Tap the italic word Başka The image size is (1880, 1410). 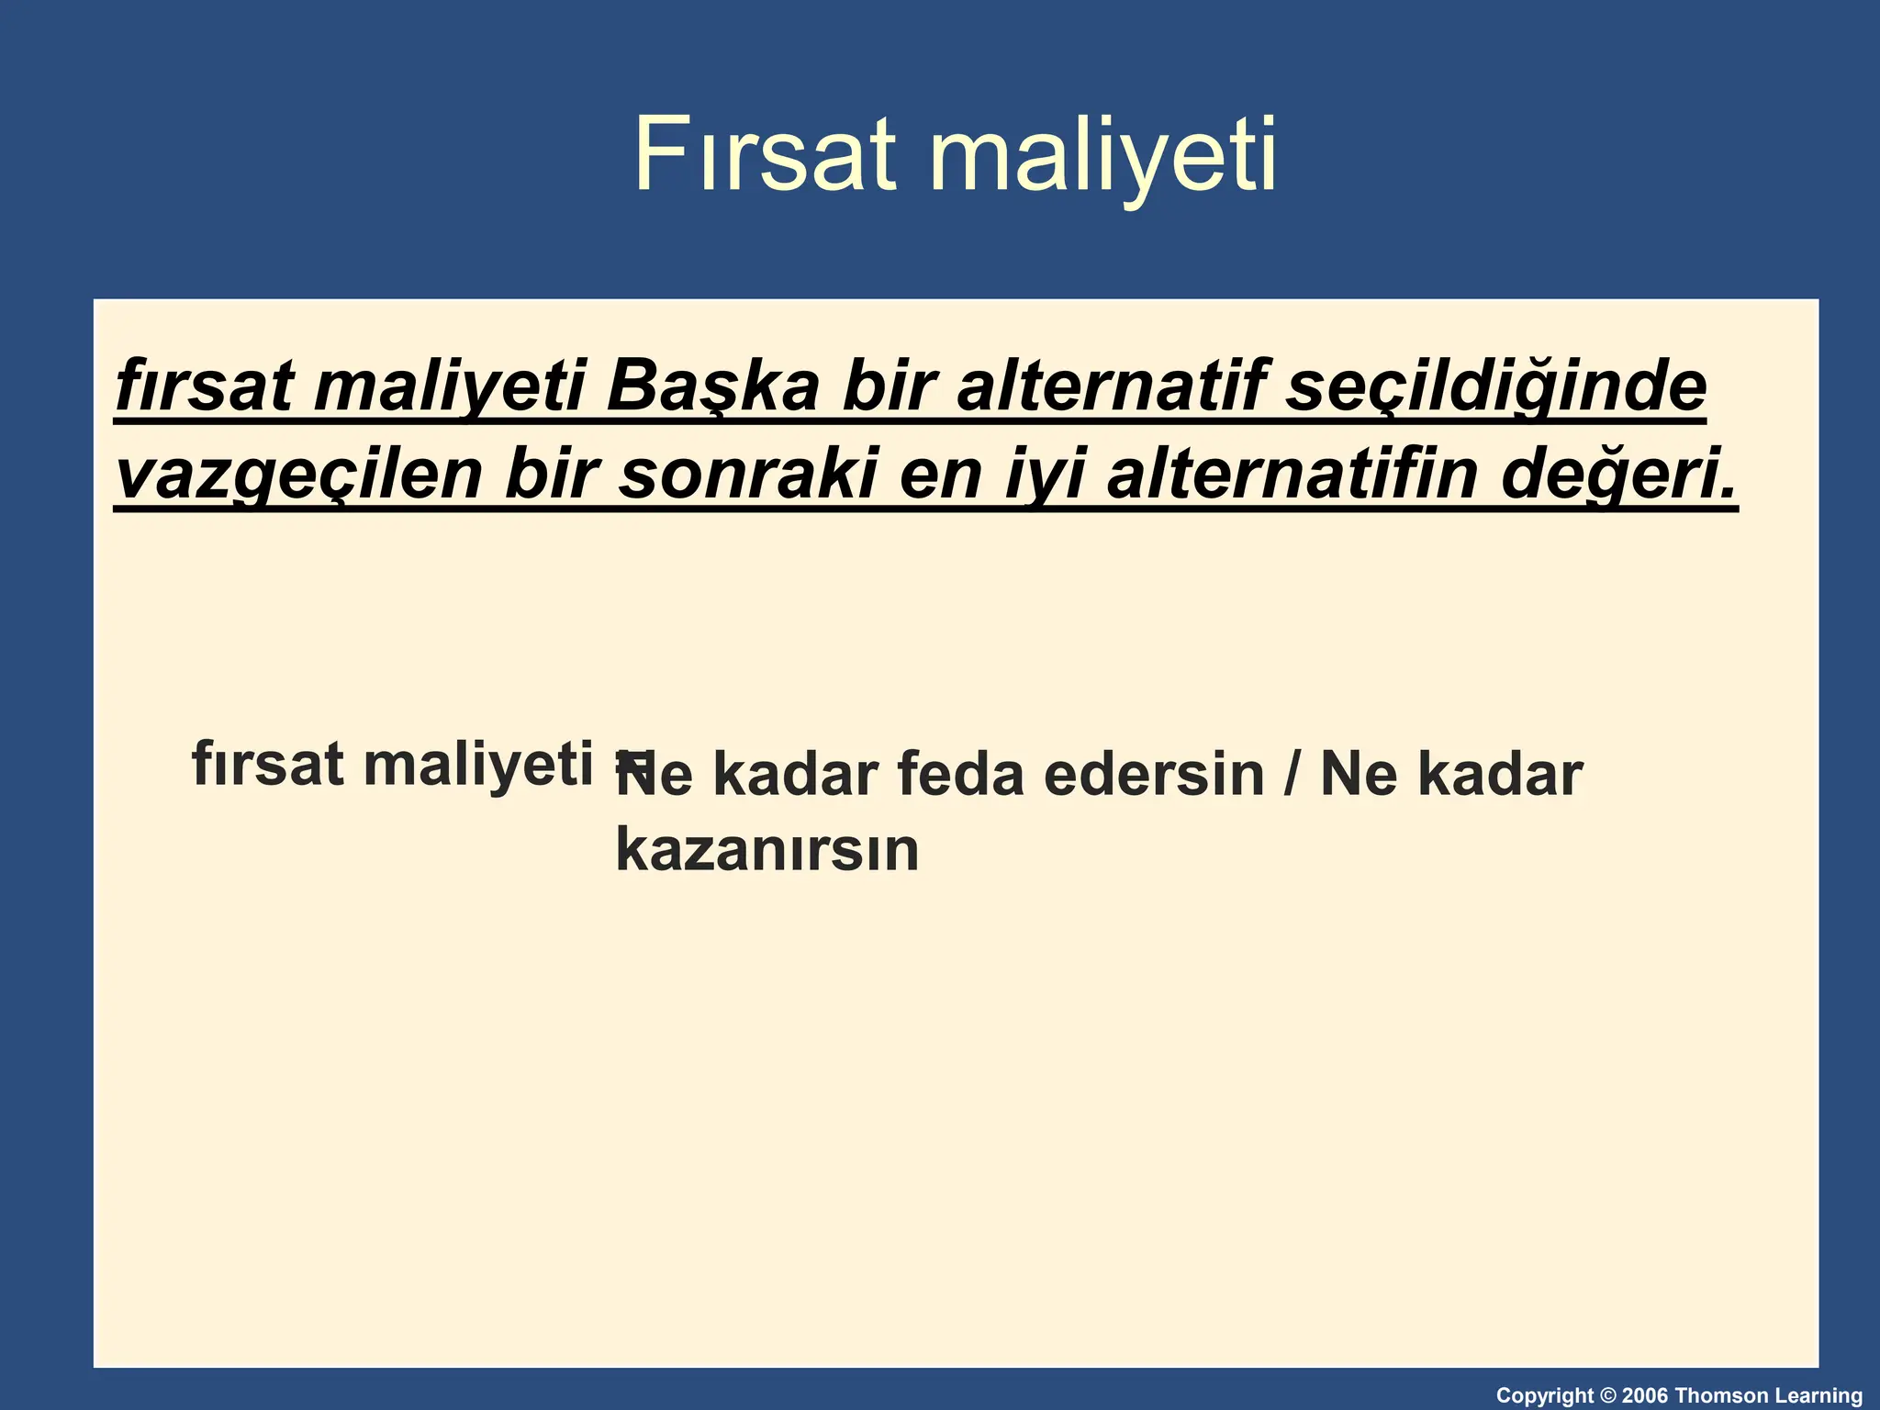[x=712, y=386]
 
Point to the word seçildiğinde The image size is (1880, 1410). [x=1495, y=386]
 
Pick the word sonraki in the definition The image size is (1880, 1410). [x=746, y=474]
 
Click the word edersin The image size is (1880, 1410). [x=1154, y=774]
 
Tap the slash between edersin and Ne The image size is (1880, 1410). [x=1292, y=774]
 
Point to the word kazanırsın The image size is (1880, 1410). [x=767, y=850]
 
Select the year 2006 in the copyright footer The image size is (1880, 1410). [x=1646, y=1396]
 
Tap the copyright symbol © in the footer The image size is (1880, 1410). [x=1607, y=1396]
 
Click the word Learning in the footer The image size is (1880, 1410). [x=1818, y=1396]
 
